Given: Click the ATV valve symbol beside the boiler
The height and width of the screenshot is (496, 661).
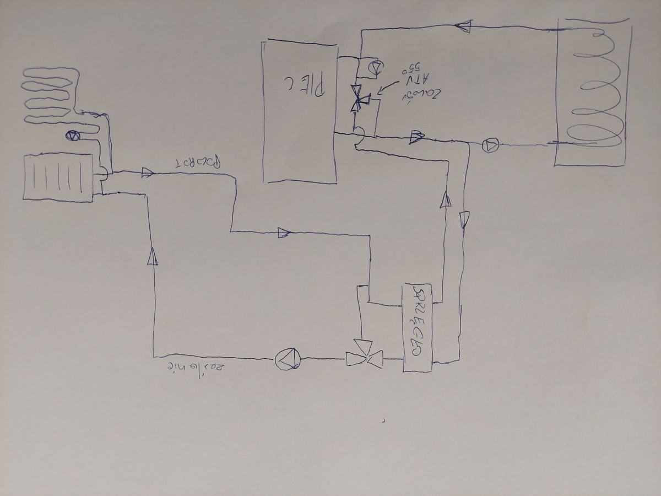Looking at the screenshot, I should point(359,99).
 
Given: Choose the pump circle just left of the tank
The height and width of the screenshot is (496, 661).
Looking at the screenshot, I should point(490,145).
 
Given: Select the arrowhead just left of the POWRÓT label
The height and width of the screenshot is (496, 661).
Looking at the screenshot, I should point(147,173).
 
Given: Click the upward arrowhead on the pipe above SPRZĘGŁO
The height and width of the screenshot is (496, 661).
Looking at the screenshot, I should point(445,200).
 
